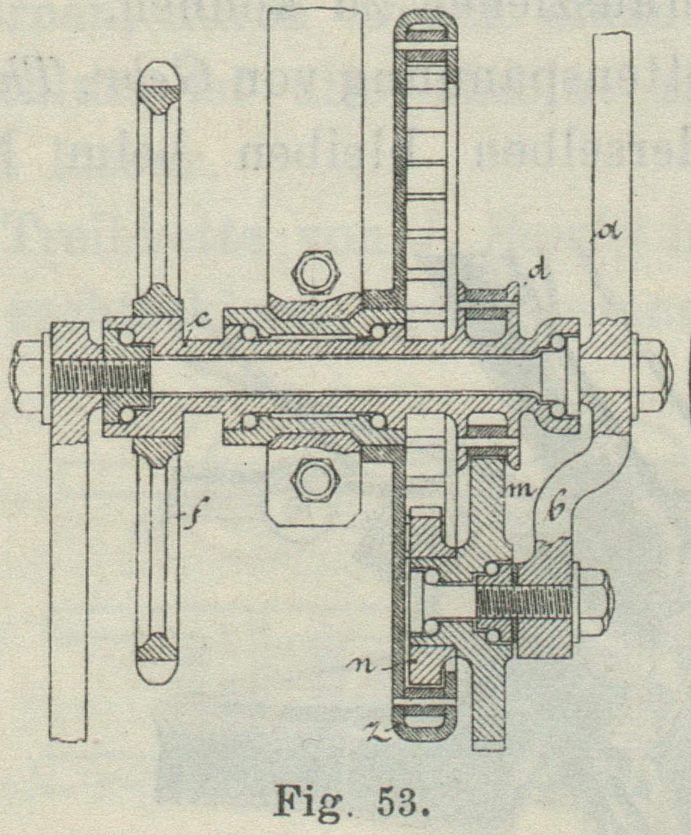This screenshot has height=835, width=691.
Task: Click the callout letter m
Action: tap(518, 491)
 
